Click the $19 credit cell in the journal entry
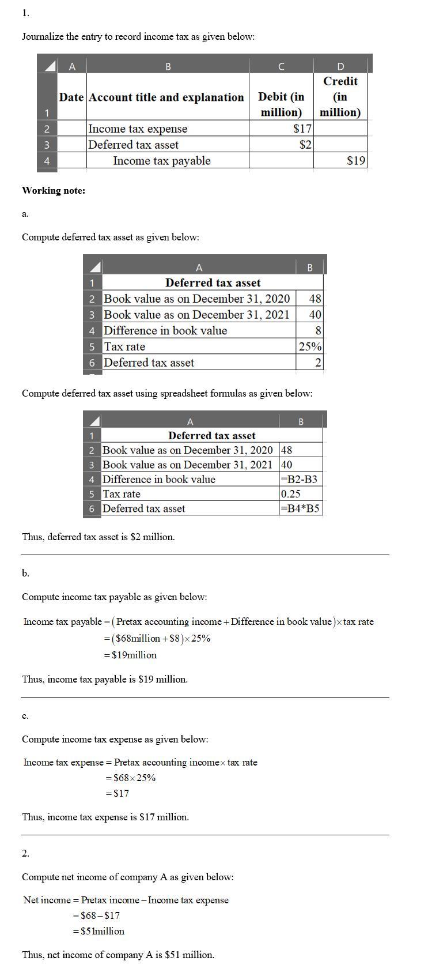(x=356, y=161)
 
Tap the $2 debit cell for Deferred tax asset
(x=305, y=145)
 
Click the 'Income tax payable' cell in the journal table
(x=161, y=161)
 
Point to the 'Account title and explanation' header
(x=166, y=97)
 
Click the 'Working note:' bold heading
(x=54, y=190)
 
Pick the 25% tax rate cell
(x=310, y=346)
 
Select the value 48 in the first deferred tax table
(x=315, y=299)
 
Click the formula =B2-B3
(x=299, y=479)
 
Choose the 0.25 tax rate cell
(x=291, y=494)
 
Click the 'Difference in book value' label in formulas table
(x=159, y=479)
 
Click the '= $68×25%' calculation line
(x=130, y=778)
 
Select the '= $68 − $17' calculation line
(x=96, y=915)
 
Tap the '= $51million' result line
(x=99, y=931)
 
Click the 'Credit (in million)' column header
(x=340, y=97)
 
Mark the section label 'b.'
(x=25, y=573)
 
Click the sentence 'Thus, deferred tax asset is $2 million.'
(x=99, y=537)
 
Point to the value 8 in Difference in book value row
(x=318, y=330)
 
